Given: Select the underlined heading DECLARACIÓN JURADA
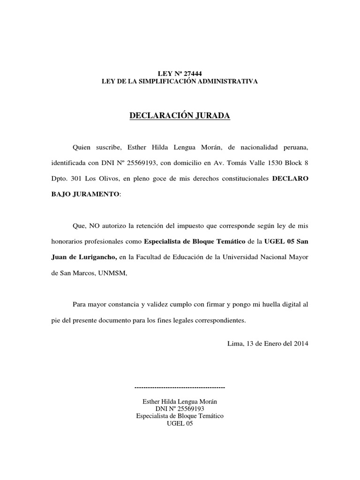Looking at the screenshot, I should pyautogui.click(x=180, y=115).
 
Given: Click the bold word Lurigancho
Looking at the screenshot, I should pyautogui.click(x=95, y=257).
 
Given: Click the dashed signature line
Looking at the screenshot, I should pyautogui.click(x=180, y=388).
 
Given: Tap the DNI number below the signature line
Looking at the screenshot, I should pyautogui.click(x=180, y=409).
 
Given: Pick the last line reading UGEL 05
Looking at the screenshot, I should pyautogui.click(x=180, y=423).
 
